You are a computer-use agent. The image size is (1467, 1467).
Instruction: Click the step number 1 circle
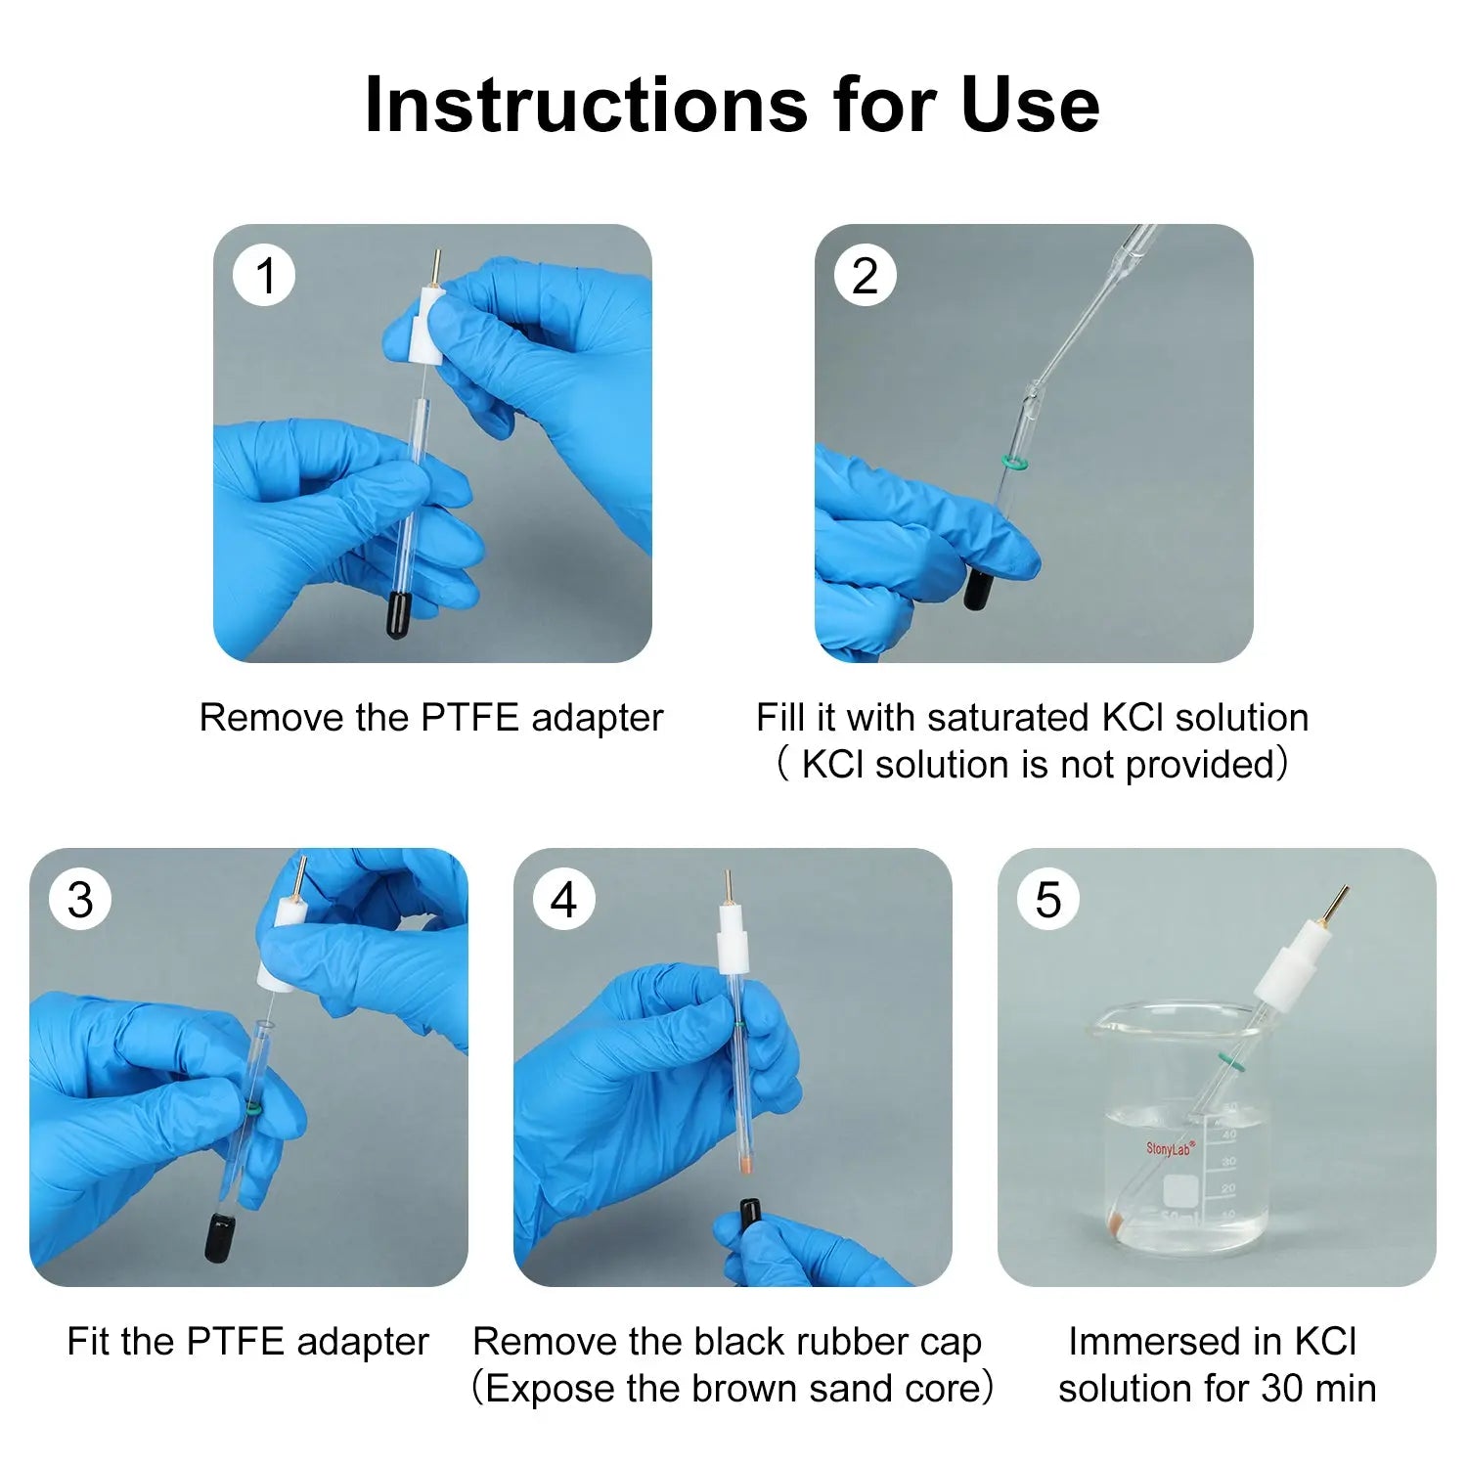coord(264,276)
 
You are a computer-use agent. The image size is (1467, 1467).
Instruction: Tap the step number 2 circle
coord(866,276)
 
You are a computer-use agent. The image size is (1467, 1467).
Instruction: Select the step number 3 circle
coord(81,900)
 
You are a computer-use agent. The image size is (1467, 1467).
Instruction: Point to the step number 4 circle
coord(564,900)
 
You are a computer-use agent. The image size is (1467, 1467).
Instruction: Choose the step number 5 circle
coord(1048,900)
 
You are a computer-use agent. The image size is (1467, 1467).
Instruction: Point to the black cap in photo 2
coord(978,590)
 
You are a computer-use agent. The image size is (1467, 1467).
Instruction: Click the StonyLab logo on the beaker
coord(1170,1148)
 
